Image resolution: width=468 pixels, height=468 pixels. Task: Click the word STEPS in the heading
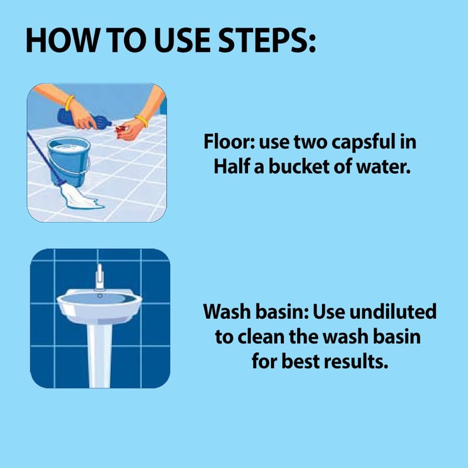[267, 40]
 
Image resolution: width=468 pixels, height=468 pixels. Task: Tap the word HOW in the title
[62, 40]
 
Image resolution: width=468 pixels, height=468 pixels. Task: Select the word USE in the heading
[182, 40]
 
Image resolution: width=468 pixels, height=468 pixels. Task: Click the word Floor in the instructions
[229, 142]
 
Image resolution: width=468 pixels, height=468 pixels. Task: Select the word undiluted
[393, 311]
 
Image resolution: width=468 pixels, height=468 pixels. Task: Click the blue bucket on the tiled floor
[69, 161]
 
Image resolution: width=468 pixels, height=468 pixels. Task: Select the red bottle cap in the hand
[121, 129]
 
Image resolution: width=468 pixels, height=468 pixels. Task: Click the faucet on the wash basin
[99, 277]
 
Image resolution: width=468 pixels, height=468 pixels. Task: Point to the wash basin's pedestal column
[99, 355]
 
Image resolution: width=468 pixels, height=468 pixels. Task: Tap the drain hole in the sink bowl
[99, 296]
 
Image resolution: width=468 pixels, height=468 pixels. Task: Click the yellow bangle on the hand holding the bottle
[70, 103]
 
